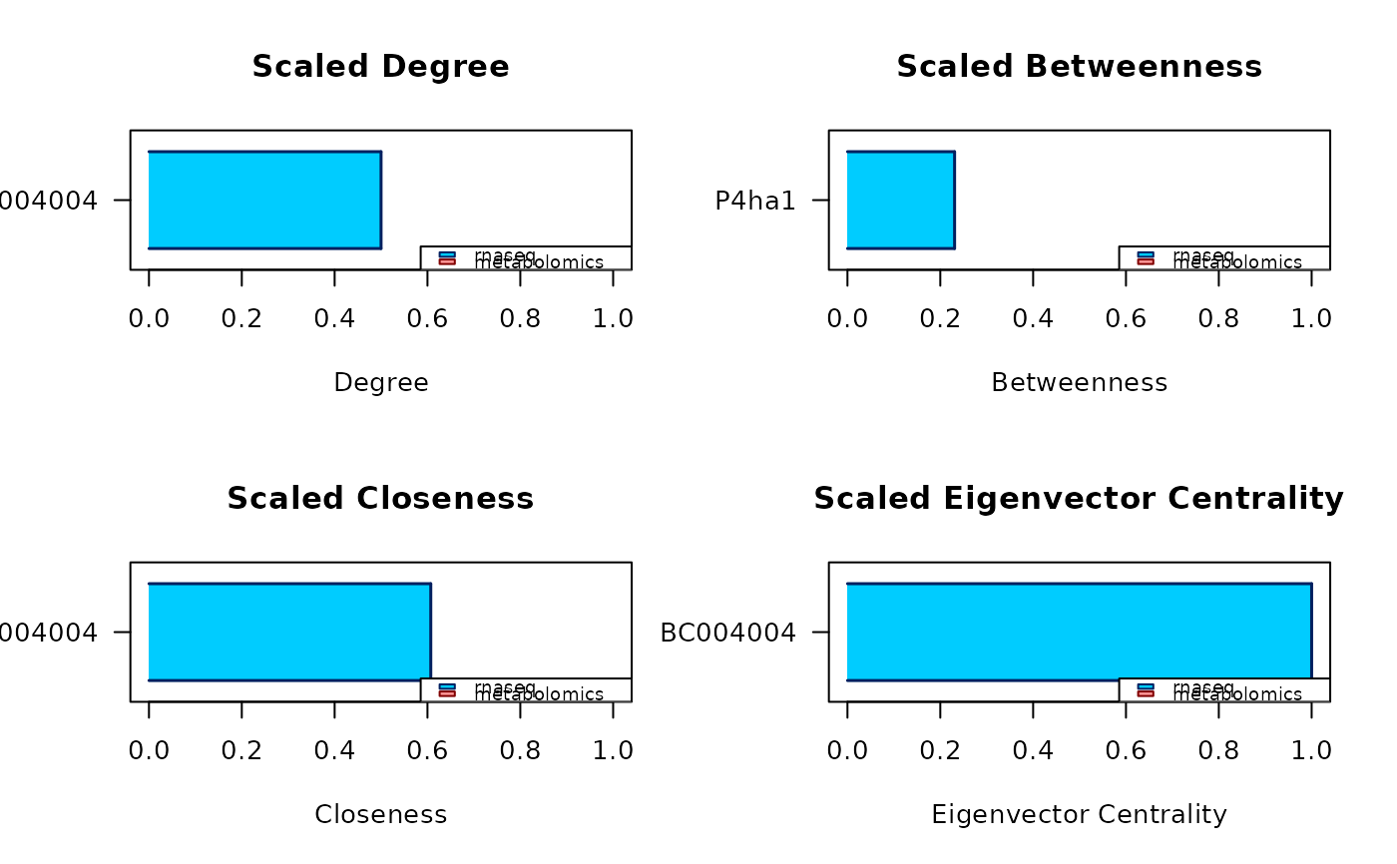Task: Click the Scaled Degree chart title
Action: coord(380,67)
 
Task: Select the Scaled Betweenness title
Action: coord(1079,67)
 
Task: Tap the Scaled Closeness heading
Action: coord(380,498)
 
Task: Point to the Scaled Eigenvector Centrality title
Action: coord(1079,498)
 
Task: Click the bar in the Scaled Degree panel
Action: coord(264,200)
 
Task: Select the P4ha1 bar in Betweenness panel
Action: coord(900,200)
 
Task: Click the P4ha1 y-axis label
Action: coord(755,201)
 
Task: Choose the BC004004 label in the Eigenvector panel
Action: coord(728,633)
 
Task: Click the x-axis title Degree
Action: coord(381,382)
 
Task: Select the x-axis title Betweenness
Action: coord(1079,382)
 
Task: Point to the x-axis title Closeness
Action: coord(380,814)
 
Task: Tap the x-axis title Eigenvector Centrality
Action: coord(1079,814)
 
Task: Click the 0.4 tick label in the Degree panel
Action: coord(334,318)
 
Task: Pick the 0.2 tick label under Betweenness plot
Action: coord(940,318)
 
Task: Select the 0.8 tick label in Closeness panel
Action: coord(520,750)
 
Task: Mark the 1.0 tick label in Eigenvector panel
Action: coord(1311,750)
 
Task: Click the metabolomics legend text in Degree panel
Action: coord(540,263)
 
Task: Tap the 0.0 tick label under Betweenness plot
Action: coord(847,318)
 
